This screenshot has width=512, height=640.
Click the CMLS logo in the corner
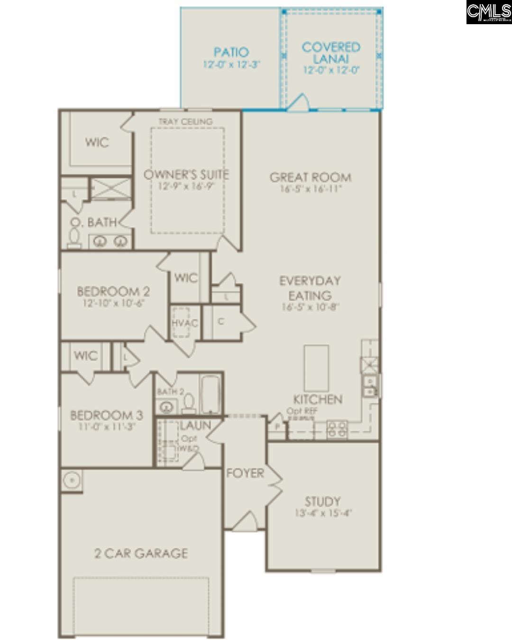click(488, 12)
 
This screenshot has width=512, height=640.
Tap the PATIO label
click(231, 52)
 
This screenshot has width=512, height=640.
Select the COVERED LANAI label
click(331, 53)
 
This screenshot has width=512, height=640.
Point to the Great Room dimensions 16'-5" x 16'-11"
click(310, 189)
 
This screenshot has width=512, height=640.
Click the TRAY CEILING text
click(185, 122)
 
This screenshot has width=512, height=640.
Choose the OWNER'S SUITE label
click(186, 174)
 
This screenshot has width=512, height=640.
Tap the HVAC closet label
click(184, 323)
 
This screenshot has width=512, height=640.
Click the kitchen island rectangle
click(316, 367)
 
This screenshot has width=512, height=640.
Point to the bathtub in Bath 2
click(210, 394)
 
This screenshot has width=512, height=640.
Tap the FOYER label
click(245, 473)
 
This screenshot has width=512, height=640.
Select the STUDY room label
click(322, 501)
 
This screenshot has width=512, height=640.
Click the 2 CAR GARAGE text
click(141, 553)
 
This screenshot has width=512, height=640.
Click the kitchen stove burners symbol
click(337, 429)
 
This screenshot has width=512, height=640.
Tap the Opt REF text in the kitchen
click(302, 411)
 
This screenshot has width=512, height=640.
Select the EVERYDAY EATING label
click(310, 288)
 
